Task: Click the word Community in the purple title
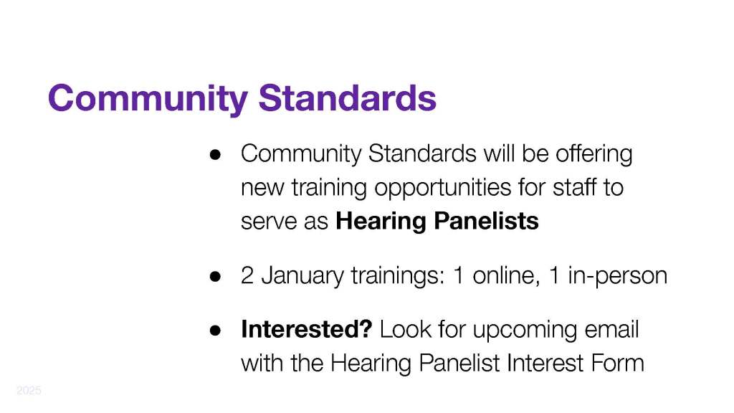pyautogui.click(x=148, y=99)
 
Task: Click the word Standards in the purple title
pyautogui.click(x=348, y=98)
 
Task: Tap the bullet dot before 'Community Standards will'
pyautogui.click(x=215, y=155)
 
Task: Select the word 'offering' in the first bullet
pyautogui.click(x=594, y=153)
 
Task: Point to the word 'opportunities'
pyautogui.click(x=443, y=189)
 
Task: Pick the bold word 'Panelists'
pyautogui.click(x=487, y=221)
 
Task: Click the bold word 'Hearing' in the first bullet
pyautogui.click(x=381, y=222)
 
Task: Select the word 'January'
pyautogui.click(x=302, y=276)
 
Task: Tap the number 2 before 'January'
pyautogui.click(x=247, y=275)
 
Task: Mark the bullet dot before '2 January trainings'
pyautogui.click(x=215, y=276)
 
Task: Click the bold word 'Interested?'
pyautogui.click(x=307, y=328)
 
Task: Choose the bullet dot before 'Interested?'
pyautogui.click(x=215, y=331)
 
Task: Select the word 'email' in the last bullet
pyautogui.click(x=612, y=328)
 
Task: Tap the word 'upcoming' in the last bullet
pyautogui.click(x=525, y=330)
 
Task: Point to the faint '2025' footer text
pyautogui.click(x=29, y=390)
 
